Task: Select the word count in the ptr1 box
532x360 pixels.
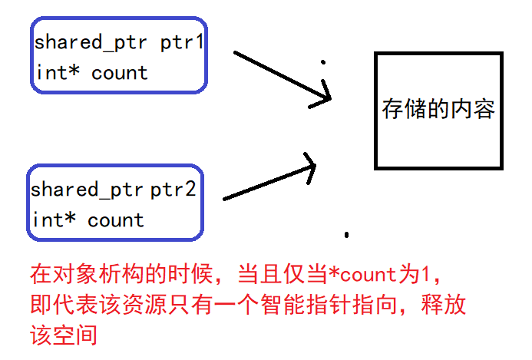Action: click(119, 73)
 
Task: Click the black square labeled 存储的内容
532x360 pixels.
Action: click(438, 111)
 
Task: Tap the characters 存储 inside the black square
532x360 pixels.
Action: click(401, 110)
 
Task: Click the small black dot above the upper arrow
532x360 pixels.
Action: click(322, 61)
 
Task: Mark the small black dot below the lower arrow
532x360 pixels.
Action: click(347, 234)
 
